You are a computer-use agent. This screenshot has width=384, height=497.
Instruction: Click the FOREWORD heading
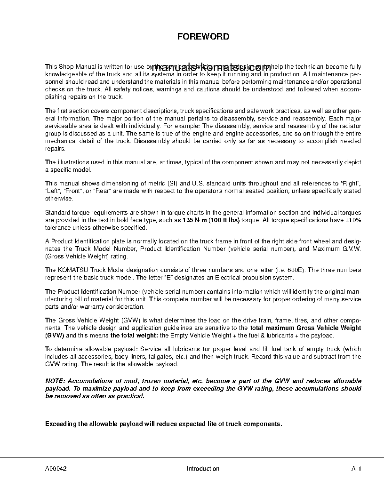click(x=203, y=36)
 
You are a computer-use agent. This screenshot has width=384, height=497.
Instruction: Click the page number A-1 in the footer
click(x=356, y=468)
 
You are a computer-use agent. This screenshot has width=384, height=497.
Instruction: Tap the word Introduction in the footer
click(x=203, y=468)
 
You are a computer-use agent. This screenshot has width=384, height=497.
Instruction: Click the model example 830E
click(x=296, y=270)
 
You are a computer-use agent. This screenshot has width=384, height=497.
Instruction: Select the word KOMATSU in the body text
click(x=75, y=270)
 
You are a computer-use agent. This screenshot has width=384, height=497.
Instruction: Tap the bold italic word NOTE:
click(x=55, y=381)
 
